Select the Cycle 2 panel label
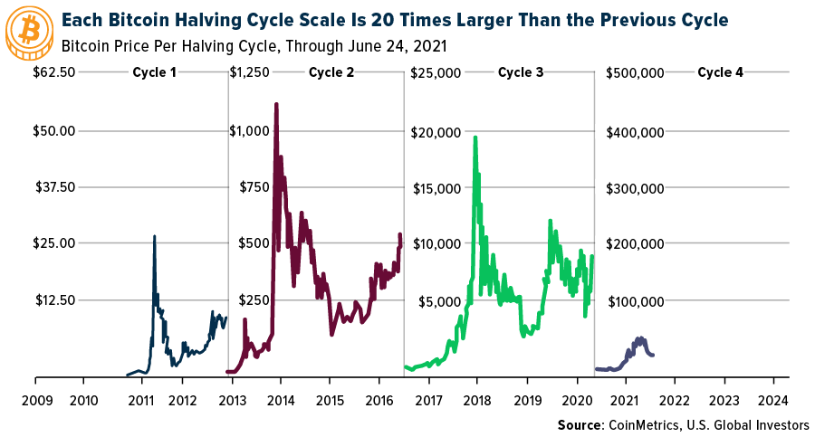click(331, 71)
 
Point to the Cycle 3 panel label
click(521, 71)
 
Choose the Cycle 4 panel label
click(720, 71)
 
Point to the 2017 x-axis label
click(428, 400)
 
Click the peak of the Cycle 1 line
click(154, 236)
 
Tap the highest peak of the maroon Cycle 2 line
click(275, 105)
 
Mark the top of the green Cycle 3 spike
click(475, 138)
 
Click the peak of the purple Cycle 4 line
click(640, 338)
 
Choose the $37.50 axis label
click(52, 187)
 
